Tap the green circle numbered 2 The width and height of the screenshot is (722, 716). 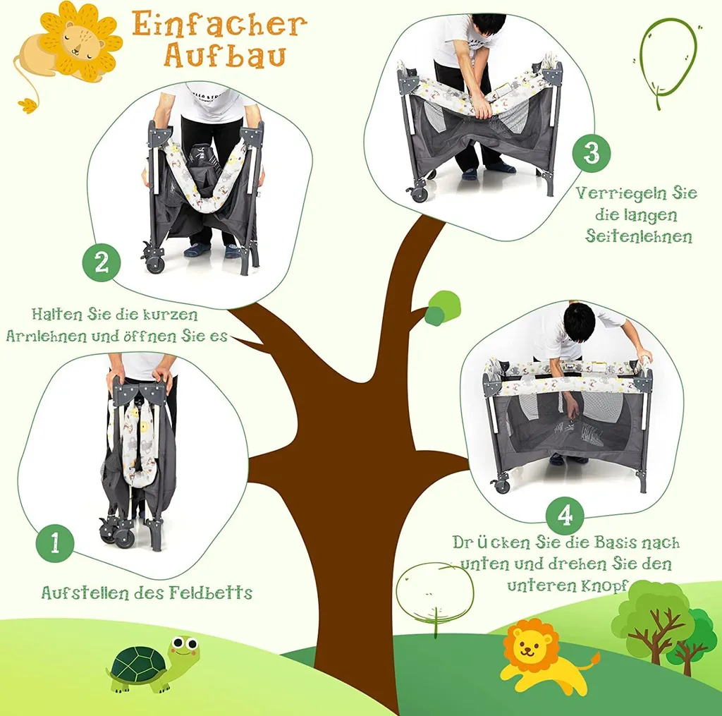(102, 263)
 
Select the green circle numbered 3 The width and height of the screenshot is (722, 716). (592, 154)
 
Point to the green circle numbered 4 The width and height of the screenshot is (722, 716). (565, 516)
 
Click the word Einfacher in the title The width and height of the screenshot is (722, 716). (219, 25)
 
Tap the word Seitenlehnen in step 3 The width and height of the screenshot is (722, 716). (639, 236)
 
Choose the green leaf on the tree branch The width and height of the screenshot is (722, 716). (442, 308)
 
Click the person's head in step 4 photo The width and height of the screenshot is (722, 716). (580, 322)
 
